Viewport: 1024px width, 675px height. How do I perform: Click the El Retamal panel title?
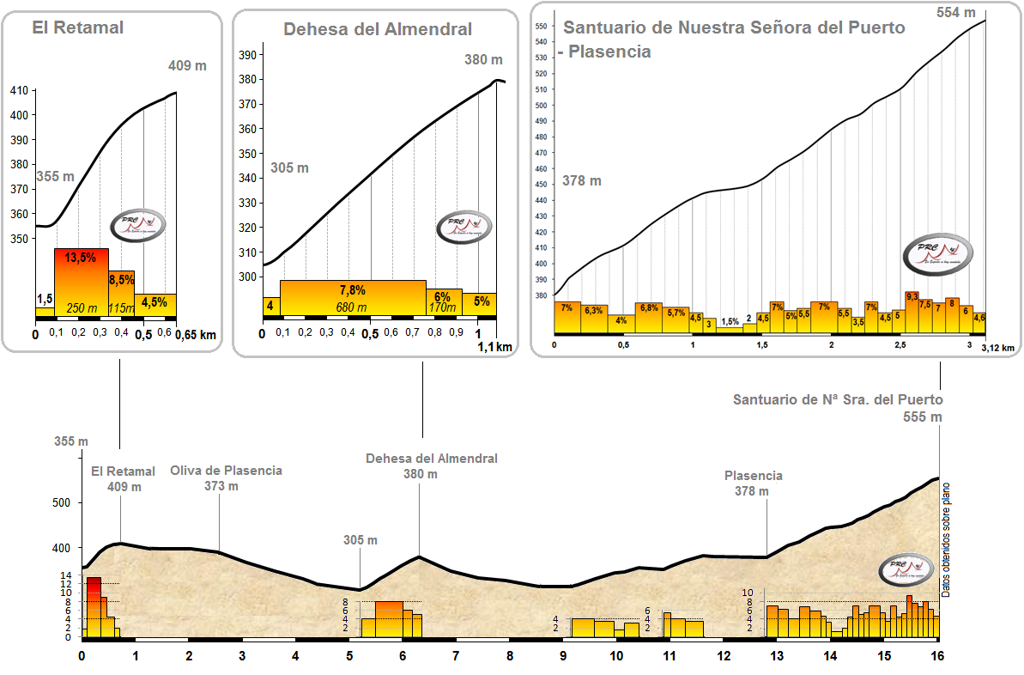[x=78, y=27]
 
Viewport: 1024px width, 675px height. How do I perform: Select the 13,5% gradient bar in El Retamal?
[x=82, y=279]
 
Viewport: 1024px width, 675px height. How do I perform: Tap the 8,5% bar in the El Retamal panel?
[x=122, y=289]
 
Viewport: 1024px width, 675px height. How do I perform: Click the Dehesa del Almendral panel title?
[x=378, y=29]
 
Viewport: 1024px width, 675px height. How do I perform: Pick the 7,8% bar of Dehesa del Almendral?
[x=353, y=297]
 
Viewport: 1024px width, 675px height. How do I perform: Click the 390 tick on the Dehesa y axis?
[x=246, y=55]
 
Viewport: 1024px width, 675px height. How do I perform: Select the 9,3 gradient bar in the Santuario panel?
[x=912, y=311]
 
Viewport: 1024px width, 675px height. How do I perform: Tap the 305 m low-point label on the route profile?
[x=361, y=540]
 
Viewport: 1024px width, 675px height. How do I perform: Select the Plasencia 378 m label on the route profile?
[x=753, y=483]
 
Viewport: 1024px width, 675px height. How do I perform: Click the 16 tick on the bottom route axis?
[x=937, y=655]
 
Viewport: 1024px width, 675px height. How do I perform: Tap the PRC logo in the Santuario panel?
[x=936, y=253]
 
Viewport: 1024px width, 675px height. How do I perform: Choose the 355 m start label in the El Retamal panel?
[x=53, y=176]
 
